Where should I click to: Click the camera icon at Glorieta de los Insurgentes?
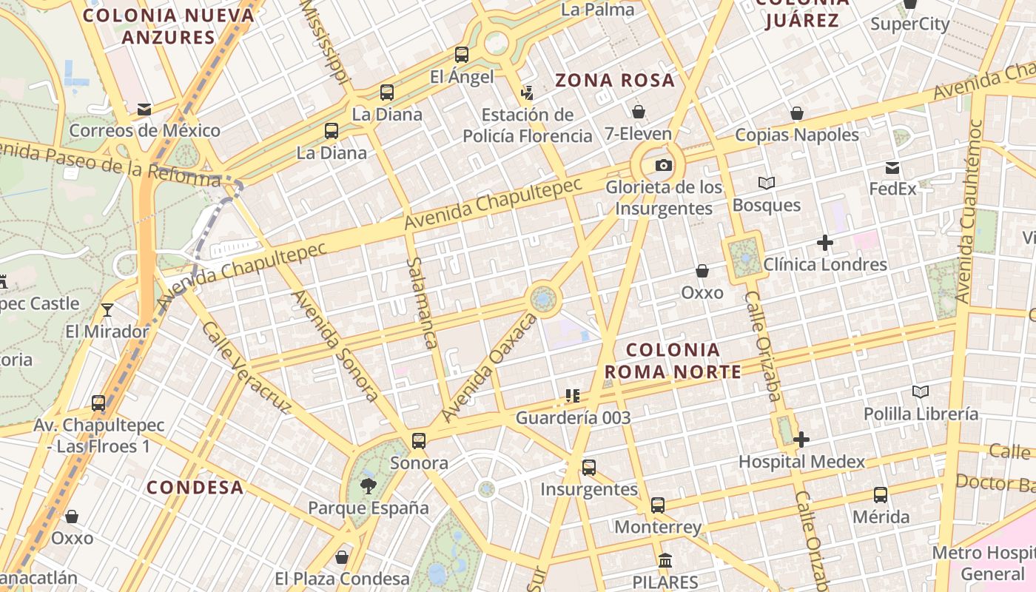coord(664,165)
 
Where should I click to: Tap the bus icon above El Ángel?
coord(462,54)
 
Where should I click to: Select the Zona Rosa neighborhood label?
coord(615,80)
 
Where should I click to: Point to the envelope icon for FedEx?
coord(892,168)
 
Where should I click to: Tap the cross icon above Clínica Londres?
coord(824,242)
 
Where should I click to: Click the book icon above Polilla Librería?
coord(921,391)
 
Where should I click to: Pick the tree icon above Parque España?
coord(368,485)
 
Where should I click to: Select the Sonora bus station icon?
coord(419,441)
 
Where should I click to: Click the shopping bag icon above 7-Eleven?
coord(638,112)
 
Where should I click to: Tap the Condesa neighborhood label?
coord(195,487)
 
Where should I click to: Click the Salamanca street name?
coord(422,303)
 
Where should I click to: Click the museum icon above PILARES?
coord(665,560)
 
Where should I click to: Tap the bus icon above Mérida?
coord(880,494)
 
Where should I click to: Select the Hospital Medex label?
coord(801,462)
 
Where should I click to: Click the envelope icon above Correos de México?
coord(144,110)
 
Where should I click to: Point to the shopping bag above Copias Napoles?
coord(797,113)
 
